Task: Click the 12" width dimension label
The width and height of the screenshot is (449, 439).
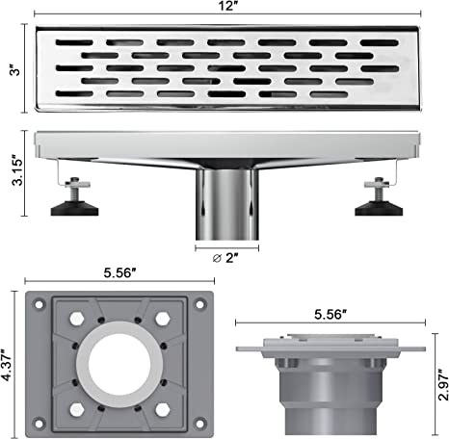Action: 227,6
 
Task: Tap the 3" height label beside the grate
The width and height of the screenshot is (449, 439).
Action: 14,70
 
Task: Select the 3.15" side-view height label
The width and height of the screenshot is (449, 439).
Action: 17,171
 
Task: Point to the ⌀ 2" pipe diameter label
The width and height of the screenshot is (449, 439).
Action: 225,258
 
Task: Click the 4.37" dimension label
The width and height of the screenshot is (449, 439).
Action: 7,365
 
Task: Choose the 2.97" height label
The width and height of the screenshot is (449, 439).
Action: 443,385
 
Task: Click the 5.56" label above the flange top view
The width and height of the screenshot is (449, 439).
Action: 119,273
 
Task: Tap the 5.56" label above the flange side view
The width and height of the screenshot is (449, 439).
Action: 330,315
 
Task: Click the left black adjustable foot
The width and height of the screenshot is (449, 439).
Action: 74,208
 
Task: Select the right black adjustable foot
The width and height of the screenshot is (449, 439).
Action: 379,208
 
